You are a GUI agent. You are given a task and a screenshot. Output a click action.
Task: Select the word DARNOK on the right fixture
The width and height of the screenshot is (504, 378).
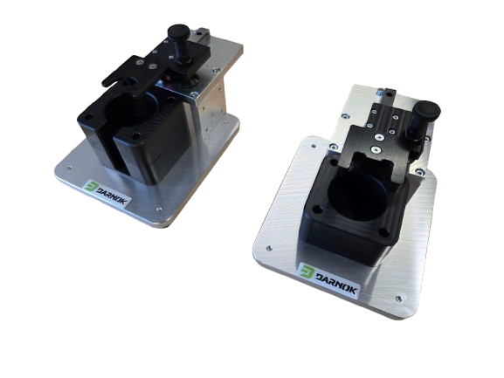pos(336,283)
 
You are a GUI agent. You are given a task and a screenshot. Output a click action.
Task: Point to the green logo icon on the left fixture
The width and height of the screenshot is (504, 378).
pos(92,187)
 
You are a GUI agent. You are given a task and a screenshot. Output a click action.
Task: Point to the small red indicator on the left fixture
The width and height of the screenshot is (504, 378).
pos(168,78)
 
